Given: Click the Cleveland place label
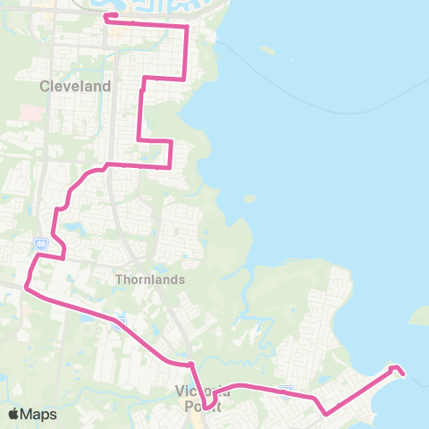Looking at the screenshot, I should (x=76, y=87).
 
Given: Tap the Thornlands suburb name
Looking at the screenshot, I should (x=150, y=279).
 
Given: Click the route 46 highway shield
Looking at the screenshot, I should (x=42, y=242).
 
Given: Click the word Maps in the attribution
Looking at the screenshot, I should (x=39, y=414).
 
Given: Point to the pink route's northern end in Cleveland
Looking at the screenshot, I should (x=106, y=16).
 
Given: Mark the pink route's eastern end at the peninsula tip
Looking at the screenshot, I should (x=403, y=373).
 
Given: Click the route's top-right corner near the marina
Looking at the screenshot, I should (x=187, y=28).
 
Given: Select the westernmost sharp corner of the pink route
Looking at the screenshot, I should (x=26, y=288).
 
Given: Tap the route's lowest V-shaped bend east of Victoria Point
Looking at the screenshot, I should (x=325, y=414).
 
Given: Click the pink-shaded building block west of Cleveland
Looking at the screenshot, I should (x=30, y=114).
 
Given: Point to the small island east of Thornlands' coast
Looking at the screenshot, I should (x=249, y=198).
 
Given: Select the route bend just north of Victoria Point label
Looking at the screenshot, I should (x=191, y=364).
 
